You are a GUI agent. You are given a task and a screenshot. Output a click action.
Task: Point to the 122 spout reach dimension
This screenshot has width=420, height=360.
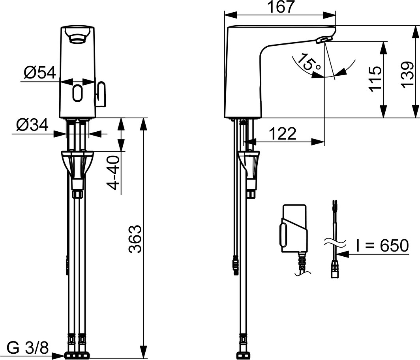[283, 134]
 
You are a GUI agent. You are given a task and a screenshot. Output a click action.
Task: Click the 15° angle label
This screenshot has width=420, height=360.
[308, 63]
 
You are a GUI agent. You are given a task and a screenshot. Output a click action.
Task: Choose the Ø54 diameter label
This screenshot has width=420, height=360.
[39, 73]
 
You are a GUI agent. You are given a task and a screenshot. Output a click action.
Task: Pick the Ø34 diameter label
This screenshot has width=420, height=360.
[32, 125]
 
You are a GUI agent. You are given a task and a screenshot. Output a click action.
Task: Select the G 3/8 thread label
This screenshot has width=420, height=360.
[28, 348]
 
